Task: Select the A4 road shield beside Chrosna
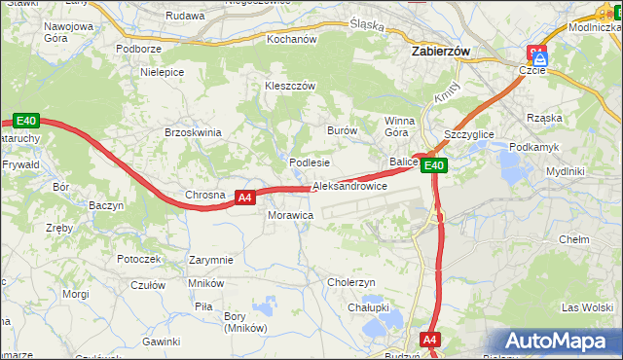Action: pyautogui.click(x=245, y=197)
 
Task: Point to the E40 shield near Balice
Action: pyautogui.click(x=434, y=165)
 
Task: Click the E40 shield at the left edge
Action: pyautogui.click(x=26, y=121)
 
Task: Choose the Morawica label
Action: pyautogui.click(x=290, y=214)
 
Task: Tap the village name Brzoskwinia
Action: pyautogui.click(x=194, y=132)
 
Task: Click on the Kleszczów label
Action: pyautogui.click(x=290, y=86)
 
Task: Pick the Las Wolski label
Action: pyautogui.click(x=586, y=307)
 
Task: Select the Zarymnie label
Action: pyautogui.click(x=211, y=261)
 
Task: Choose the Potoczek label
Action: pyautogui.click(x=138, y=260)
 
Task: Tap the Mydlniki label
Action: pyautogui.click(x=565, y=171)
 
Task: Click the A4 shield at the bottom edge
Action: pyautogui.click(x=430, y=340)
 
